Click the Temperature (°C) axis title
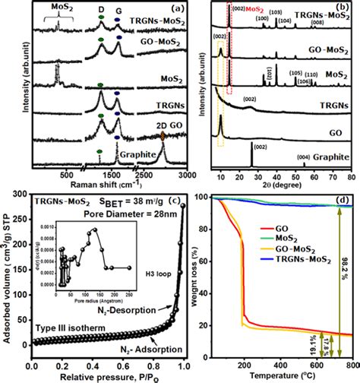[x=277, y=376]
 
